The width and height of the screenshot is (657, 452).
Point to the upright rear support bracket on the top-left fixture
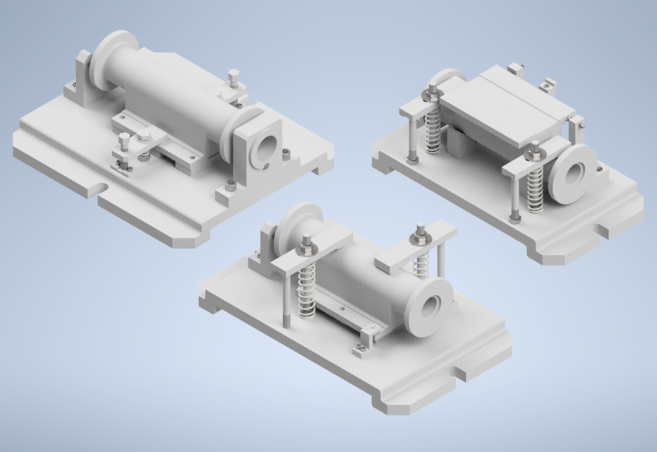[83, 76]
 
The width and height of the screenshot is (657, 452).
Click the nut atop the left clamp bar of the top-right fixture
[430, 90]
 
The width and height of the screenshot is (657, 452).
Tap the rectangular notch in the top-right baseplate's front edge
[605, 230]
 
